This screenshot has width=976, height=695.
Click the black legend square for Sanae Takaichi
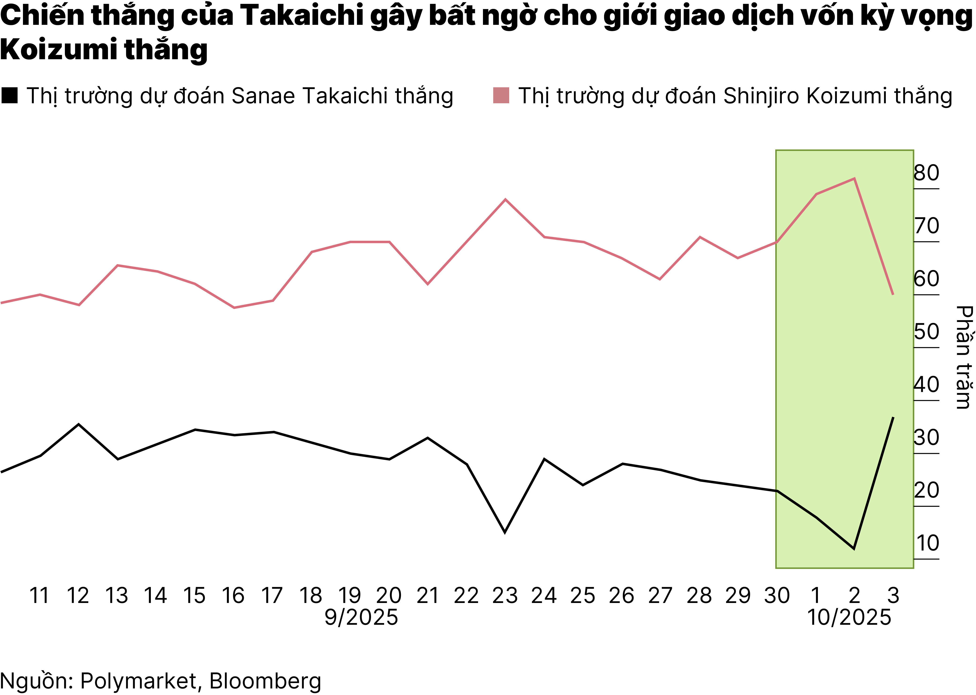pyautogui.click(x=9, y=96)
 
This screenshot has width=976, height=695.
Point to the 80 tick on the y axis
pyautogui.click(x=926, y=173)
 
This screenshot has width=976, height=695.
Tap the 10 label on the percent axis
pyautogui.click(x=927, y=543)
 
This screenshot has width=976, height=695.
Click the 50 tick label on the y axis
pyautogui.click(x=926, y=332)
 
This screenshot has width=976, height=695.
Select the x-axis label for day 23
pyautogui.click(x=505, y=596)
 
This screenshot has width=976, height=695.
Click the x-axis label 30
pyautogui.click(x=777, y=596)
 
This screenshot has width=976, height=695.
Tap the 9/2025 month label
pyautogui.click(x=361, y=617)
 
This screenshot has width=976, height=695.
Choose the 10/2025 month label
pyautogui.click(x=849, y=617)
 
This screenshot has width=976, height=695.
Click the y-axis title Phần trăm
pyautogui.click(x=964, y=357)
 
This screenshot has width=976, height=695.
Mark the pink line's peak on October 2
pyautogui.click(x=854, y=178)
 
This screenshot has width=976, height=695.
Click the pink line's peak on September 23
pyautogui.click(x=505, y=200)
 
